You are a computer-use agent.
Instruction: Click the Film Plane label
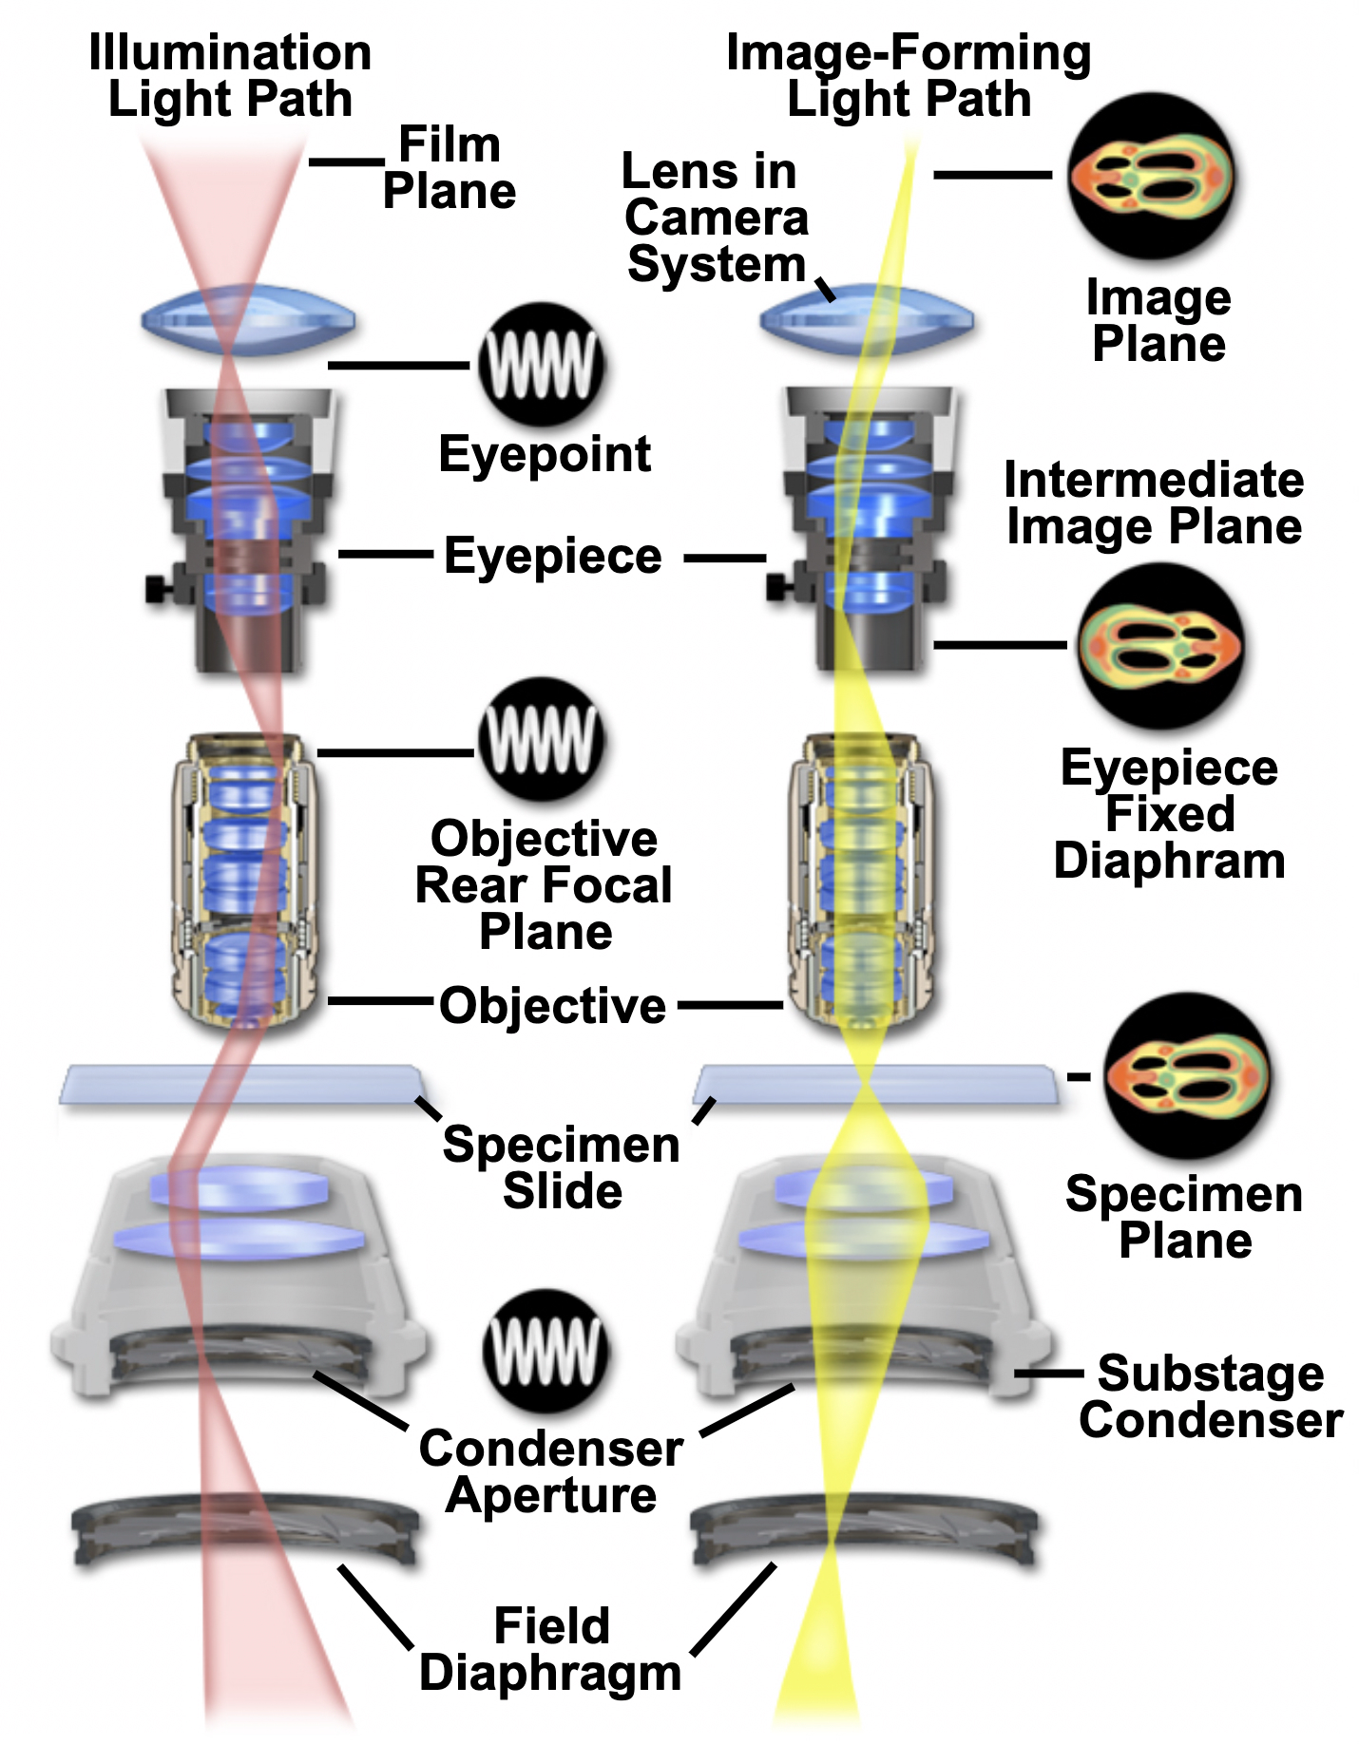[449, 168]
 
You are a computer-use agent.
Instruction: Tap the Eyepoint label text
[545, 454]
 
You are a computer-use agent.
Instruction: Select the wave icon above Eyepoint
[542, 365]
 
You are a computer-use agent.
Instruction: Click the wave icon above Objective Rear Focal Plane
[542, 740]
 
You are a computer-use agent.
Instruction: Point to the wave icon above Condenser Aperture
[545, 1351]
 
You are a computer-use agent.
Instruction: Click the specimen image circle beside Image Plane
[1151, 178]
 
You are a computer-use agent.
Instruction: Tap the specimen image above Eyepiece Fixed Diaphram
[1160, 646]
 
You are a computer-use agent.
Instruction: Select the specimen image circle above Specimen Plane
[1187, 1076]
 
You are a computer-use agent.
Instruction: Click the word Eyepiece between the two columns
[552, 557]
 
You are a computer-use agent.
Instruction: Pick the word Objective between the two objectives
[552, 1006]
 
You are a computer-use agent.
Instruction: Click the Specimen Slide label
[562, 1167]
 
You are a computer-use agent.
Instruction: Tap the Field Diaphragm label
[550, 1650]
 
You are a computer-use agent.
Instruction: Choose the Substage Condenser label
[1210, 1397]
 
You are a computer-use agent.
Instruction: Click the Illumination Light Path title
[230, 76]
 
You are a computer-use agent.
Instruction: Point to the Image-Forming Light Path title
[908, 76]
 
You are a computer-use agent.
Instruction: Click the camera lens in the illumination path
[248, 320]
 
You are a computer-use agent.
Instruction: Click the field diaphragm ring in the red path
[245, 1527]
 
